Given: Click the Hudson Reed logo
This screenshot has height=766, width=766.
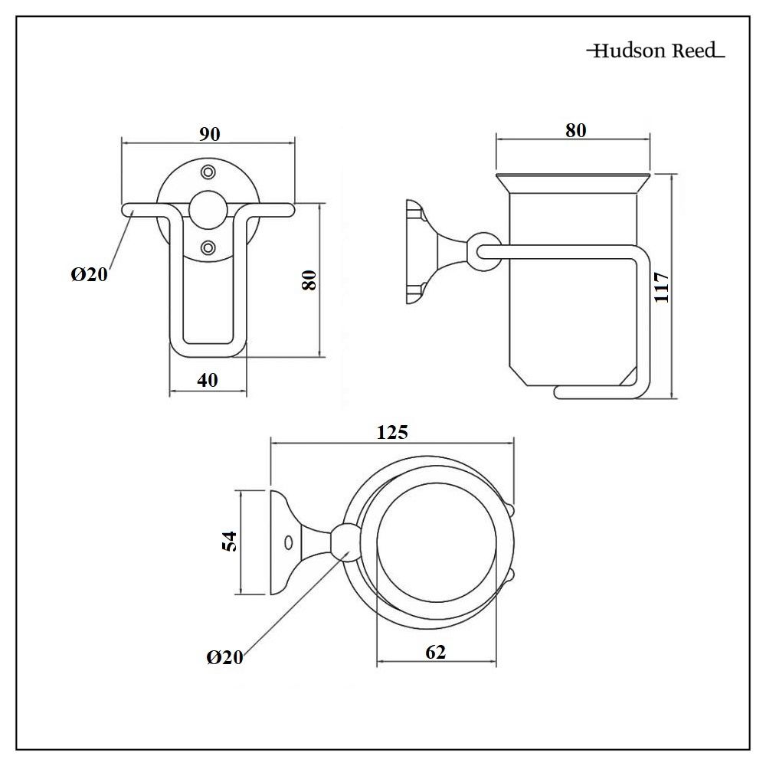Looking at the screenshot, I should pyautogui.click(x=655, y=51).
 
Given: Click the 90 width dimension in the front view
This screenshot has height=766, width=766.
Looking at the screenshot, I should pyautogui.click(x=209, y=133).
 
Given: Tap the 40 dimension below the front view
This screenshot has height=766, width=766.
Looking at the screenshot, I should pyautogui.click(x=207, y=380).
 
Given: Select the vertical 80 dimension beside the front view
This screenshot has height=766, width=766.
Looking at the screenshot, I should pyautogui.click(x=309, y=280).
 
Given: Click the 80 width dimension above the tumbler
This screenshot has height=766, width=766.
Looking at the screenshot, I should pyautogui.click(x=575, y=130).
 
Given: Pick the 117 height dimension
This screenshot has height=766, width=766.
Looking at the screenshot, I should pyautogui.click(x=663, y=286).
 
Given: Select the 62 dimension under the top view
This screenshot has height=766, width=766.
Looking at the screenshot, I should pyautogui.click(x=435, y=652).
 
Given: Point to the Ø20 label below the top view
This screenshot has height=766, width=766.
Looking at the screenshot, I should pyautogui.click(x=224, y=657).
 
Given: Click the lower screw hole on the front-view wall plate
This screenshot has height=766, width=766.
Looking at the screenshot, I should pyautogui.click(x=208, y=247).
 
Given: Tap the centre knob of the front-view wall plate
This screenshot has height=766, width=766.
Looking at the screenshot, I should pyautogui.click(x=208, y=208).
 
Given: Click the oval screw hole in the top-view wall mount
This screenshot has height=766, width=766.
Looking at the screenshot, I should pyautogui.click(x=288, y=542).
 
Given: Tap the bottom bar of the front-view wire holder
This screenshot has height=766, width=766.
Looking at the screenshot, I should pyautogui.click(x=208, y=350).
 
